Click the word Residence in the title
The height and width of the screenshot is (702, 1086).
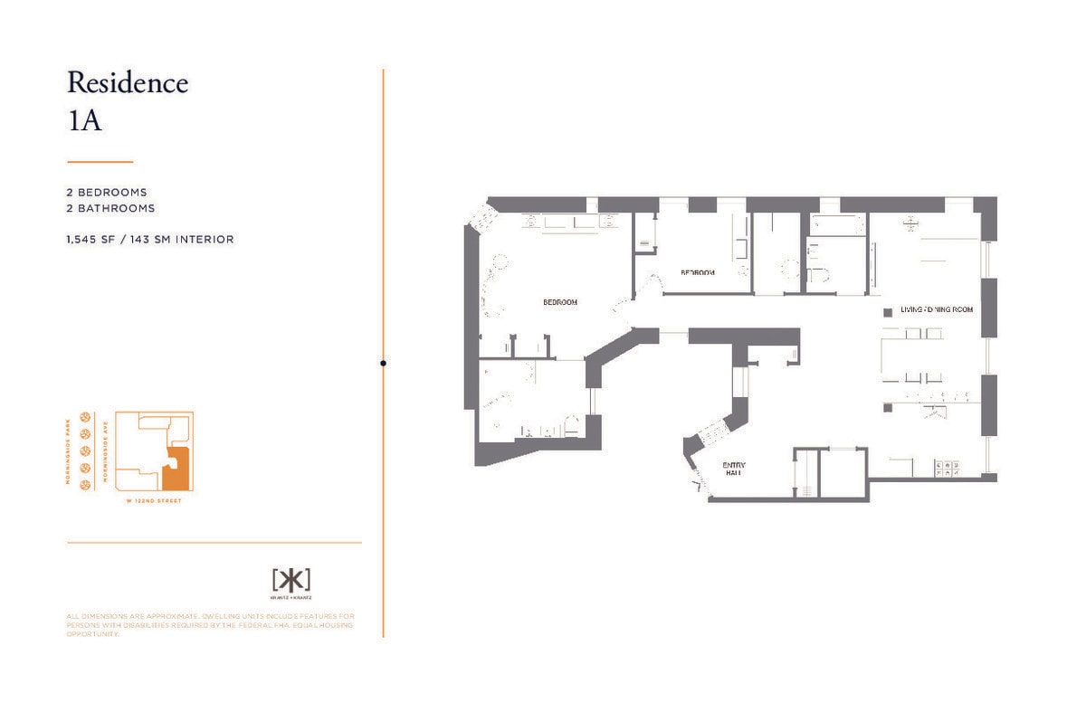click(128, 83)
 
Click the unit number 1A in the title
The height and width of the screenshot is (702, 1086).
click(84, 120)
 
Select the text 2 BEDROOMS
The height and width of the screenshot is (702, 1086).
click(107, 193)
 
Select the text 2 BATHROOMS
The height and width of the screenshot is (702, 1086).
click(110, 208)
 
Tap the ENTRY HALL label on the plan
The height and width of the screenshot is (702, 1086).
click(733, 469)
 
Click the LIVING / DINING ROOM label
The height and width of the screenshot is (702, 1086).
click(936, 309)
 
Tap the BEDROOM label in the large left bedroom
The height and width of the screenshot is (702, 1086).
click(559, 302)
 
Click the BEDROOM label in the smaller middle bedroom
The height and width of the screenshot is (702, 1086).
click(698, 272)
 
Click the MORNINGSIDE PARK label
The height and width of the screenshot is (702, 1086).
click(69, 450)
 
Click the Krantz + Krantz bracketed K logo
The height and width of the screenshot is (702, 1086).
click(291, 579)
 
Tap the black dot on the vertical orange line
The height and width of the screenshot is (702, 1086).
click(383, 363)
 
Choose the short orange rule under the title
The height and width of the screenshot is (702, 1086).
click(100, 162)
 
